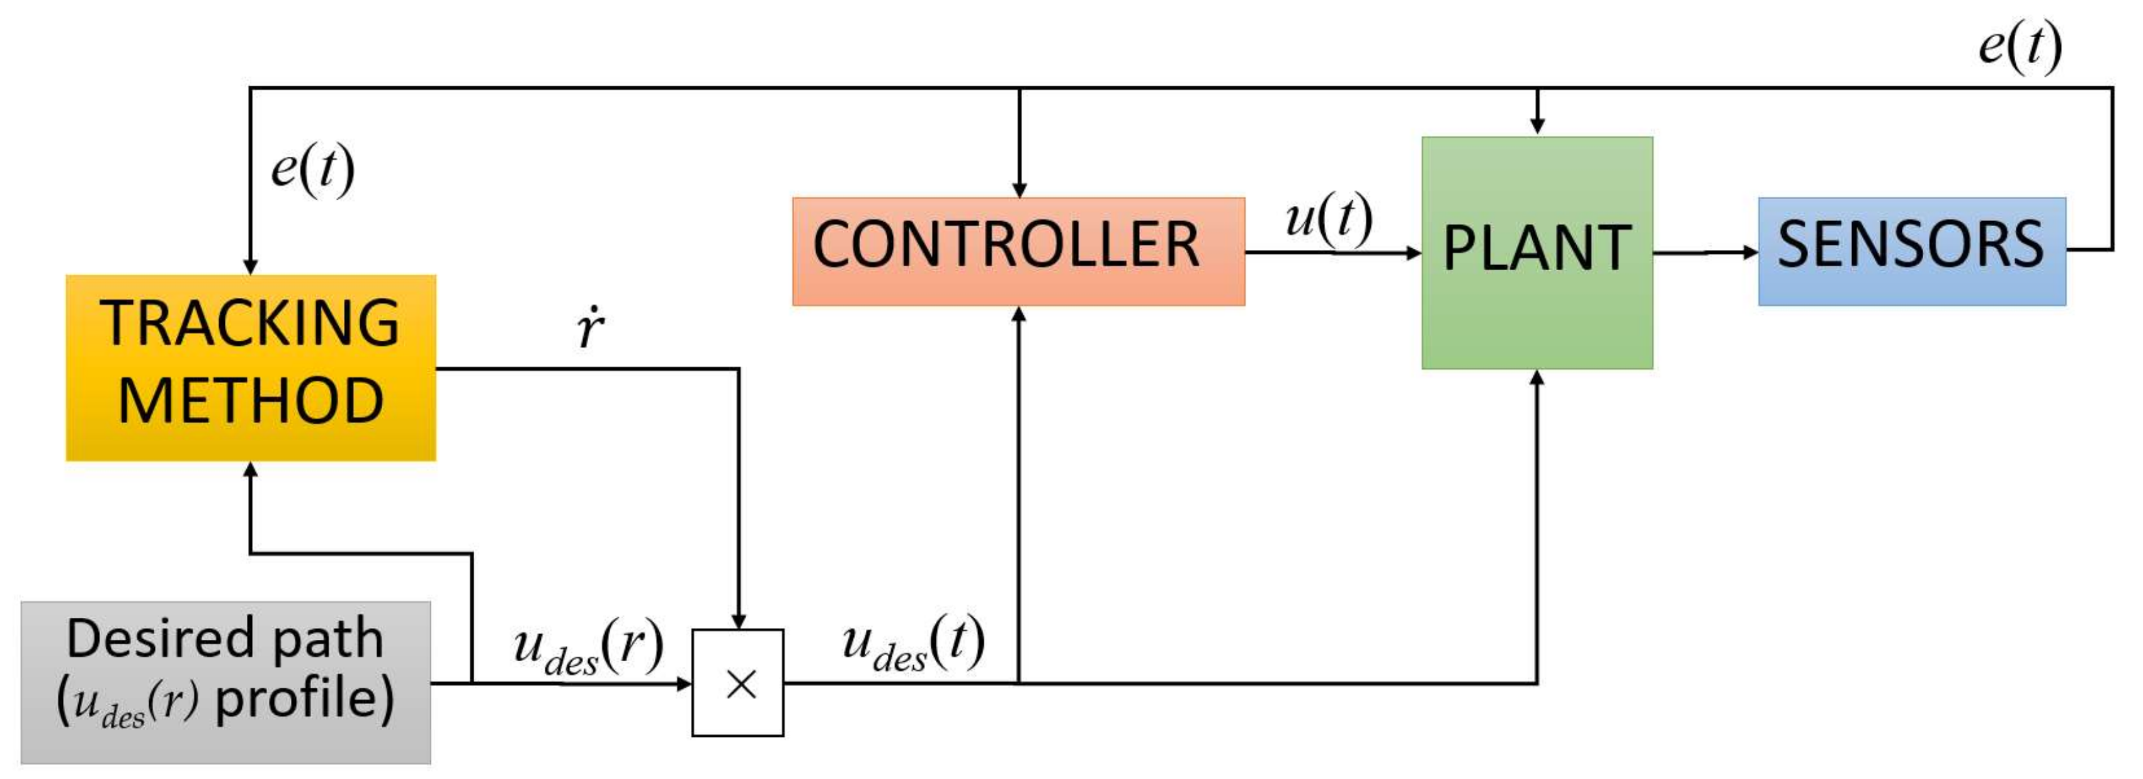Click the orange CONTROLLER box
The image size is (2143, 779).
click(1018, 251)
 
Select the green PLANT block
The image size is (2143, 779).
click(1537, 252)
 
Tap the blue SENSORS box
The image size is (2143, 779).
click(1911, 251)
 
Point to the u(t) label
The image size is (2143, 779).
click(1329, 218)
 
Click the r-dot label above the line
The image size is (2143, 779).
click(590, 329)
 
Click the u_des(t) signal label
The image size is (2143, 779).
click(912, 645)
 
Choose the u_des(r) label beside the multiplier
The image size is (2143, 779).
click(588, 647)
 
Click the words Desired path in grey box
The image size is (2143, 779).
click(225, 639)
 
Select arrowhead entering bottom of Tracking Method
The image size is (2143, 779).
click(251, 469)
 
